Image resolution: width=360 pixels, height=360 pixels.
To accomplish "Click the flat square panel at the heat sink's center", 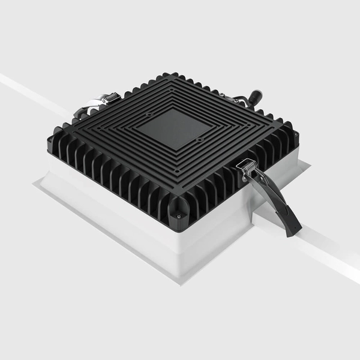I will [170, 128].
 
